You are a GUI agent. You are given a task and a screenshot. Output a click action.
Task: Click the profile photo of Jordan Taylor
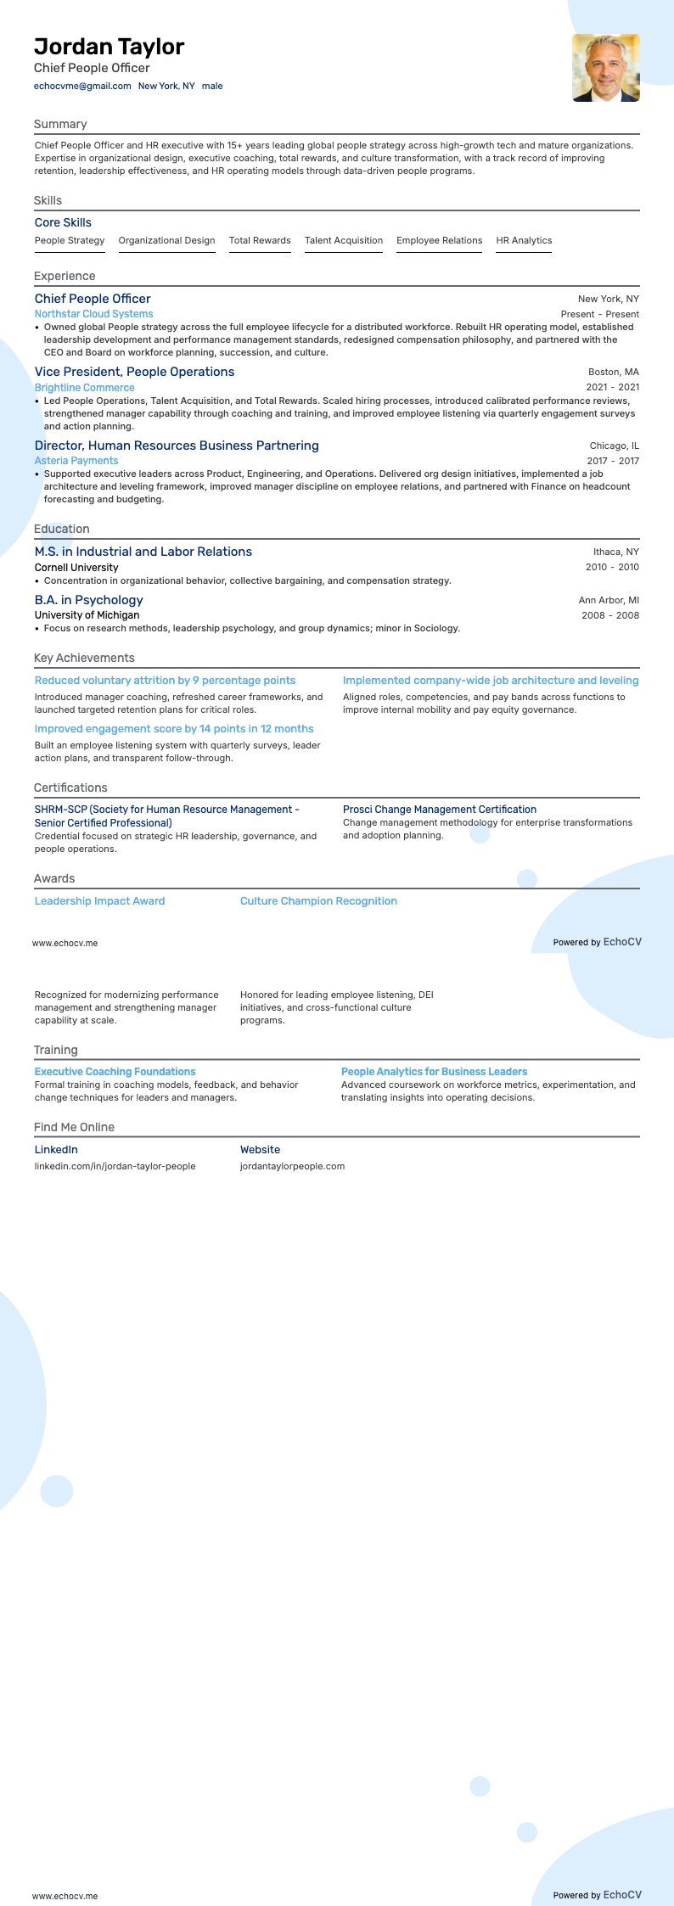click(x=605, y=68)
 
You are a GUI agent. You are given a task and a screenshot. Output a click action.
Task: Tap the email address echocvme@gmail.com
click(x=82, y=86)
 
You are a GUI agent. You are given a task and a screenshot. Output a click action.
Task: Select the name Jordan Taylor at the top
click(x=109, y=47)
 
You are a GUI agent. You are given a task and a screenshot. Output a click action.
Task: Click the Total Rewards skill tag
click(x=260, y=241)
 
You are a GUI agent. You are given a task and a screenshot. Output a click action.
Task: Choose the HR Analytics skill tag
click(x=524, y=241)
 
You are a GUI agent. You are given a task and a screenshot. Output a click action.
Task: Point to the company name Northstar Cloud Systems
click(x=93, y=314)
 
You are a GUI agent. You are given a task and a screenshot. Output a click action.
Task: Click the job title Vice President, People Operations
click(x=134, y=372)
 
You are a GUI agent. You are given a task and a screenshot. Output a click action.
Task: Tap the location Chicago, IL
click(x=614, y=446)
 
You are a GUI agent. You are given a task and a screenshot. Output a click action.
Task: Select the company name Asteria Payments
click(x=76, y=461)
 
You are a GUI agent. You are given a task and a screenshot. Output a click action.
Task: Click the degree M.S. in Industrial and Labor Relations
click(x=143, y=552)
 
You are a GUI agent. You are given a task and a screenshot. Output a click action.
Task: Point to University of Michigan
click(x=87, y=615)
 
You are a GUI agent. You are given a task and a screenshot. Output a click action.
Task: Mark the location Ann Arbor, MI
click(x=609, y=600)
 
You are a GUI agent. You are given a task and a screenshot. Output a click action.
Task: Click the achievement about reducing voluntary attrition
click(x=165, y=681)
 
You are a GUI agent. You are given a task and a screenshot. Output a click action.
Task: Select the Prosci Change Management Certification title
click(x=439, y=810)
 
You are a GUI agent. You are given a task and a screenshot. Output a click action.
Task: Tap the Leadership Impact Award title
click(x=99, y=901)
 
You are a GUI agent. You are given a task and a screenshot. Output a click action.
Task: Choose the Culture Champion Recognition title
click(x=318, y=901)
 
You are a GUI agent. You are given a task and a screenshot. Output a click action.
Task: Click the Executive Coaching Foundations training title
click(x=115, y=1072)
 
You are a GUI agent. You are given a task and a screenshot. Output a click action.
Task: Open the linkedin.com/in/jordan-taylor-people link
click(x=115, y=1166)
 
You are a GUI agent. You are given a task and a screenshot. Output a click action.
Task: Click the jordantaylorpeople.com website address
click(x=292, y=1166)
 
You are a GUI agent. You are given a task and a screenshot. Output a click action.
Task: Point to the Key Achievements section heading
click(x=84, y=659)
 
